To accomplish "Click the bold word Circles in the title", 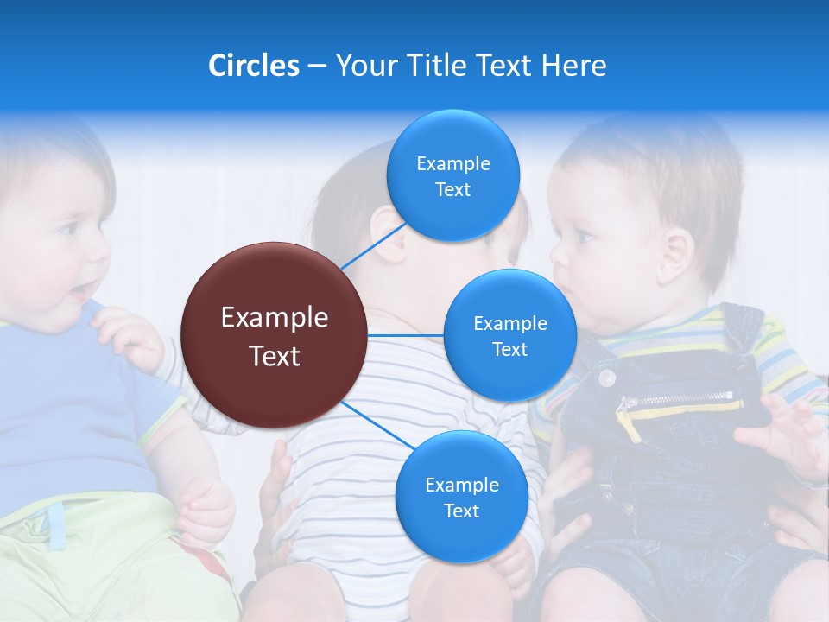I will pyautogui.click(x=253, y=66).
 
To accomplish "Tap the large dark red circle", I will pyautogui.click(x=273, y=335).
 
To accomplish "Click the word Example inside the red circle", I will pyautogui.click(x=274, y=318).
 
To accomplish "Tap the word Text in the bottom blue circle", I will pyautogui.click(x=461, y=511).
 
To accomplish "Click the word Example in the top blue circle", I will pyautogui.click(x=452, y=163).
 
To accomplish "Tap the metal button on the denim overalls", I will pyautogui.click(x=608, y=377).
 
